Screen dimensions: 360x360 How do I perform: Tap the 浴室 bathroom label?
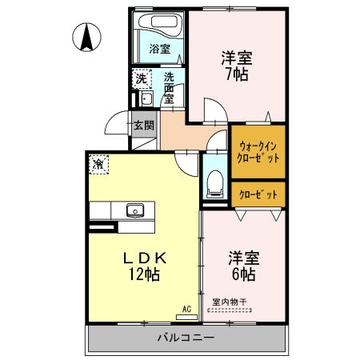click(160, 49)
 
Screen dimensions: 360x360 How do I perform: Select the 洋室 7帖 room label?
click(235, 66)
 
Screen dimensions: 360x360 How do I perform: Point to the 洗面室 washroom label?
click(170, 88)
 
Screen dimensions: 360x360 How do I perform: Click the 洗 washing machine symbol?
click(142, 78)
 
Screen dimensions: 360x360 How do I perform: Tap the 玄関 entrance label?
click(144, 126)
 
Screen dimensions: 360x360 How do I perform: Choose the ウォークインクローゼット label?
click(258, 152)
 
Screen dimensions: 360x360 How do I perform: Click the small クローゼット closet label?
click(258, 194)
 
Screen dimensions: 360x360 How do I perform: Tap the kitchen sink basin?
click(134, 211)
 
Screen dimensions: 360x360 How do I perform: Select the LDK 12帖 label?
click(144, 266)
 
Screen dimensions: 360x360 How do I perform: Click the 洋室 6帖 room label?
click(242, 266)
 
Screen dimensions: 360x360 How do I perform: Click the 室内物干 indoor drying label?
click(230, 302)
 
